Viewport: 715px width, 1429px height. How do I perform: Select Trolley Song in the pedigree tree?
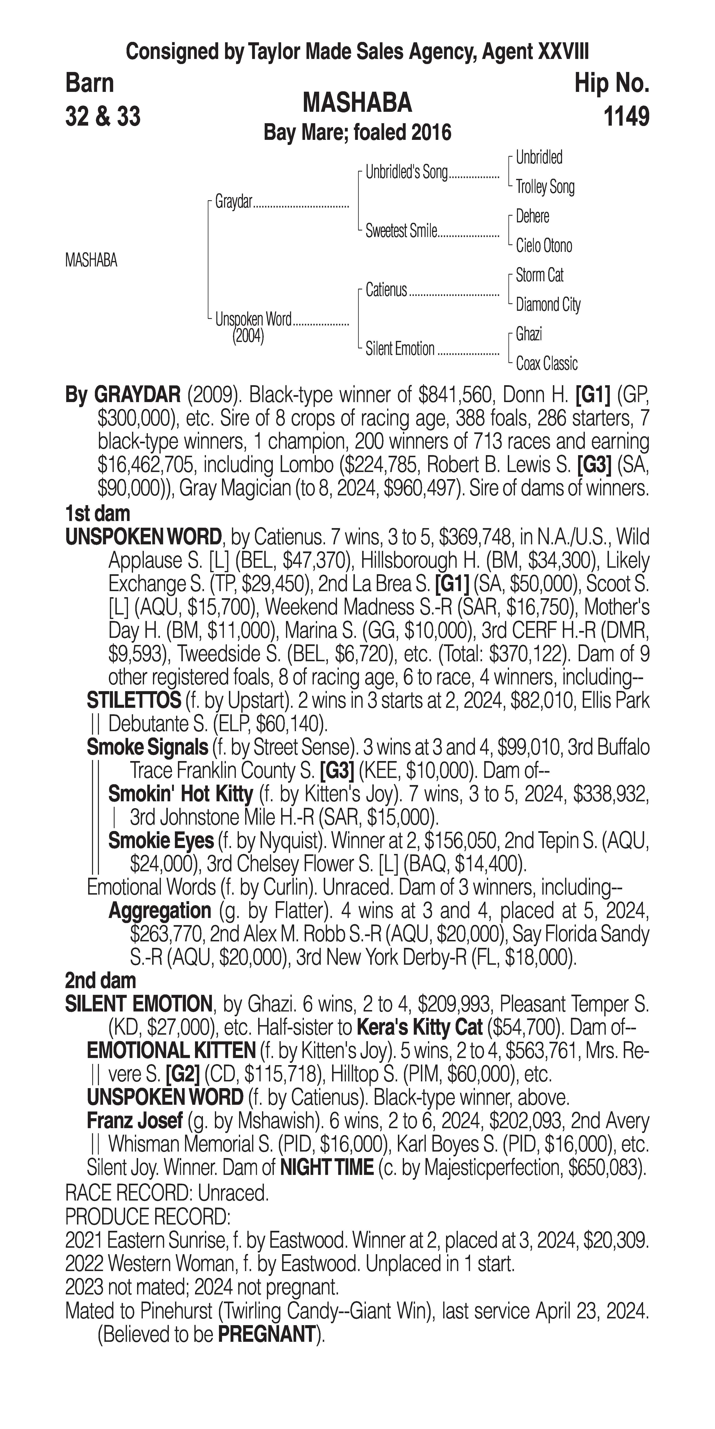coord(545,187)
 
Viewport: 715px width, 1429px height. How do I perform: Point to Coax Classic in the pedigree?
coord(546,364)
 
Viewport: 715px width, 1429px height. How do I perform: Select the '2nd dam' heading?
coord(100,981)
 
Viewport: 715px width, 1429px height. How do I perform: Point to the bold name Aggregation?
coord(160,911)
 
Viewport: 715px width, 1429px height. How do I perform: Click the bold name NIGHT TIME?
coord(326,1168)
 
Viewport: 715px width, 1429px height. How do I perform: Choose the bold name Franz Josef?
coord(135,1121)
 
